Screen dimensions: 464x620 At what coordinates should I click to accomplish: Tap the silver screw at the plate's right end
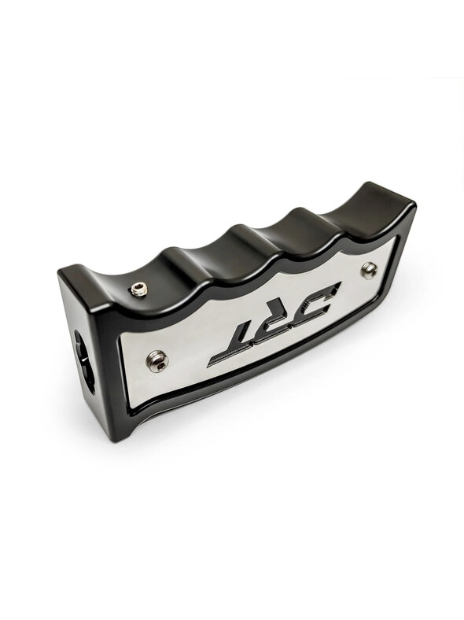click(368, 271)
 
